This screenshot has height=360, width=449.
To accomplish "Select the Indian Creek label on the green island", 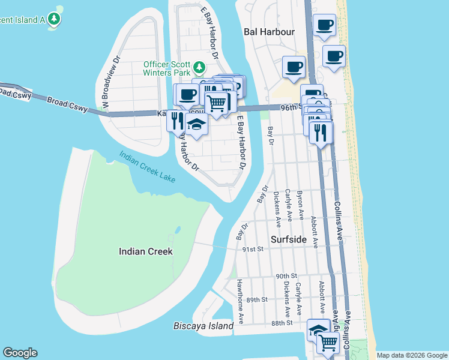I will [145, 251].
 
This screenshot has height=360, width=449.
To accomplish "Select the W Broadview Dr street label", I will [112, 82].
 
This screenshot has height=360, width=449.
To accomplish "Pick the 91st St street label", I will [253, 248].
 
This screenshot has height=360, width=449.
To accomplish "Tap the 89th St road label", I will [256, 299].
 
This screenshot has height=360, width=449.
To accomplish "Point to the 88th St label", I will [281, 323].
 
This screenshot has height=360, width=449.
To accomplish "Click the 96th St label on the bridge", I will [289, 107].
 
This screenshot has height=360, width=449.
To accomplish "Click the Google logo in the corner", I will [20, 353].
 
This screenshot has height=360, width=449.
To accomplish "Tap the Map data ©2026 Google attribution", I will [411, 355].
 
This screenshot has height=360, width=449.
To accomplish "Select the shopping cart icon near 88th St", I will [327, 342].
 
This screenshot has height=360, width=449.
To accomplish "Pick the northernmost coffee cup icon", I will [325, 25].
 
